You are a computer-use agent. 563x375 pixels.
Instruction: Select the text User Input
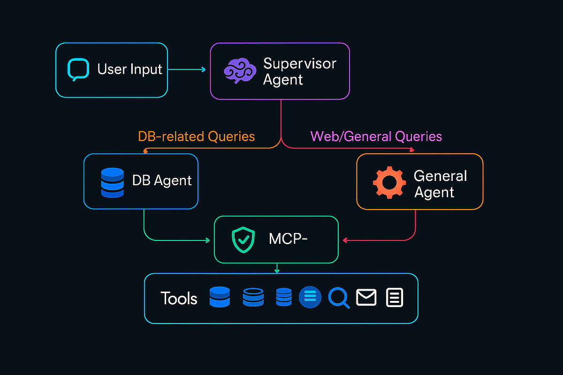[x=129, y=70]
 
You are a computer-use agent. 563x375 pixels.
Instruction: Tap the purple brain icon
[x=239, y=71]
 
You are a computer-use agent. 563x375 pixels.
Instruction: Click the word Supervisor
[x=299, y=63]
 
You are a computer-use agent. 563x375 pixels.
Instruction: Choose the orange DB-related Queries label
[x=196, y=136]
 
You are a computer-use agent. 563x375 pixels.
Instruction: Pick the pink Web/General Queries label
[x=376, y=136]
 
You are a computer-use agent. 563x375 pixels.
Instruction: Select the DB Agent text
[x=162, y=181]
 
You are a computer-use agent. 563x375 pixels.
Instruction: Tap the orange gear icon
[x=389, y=183]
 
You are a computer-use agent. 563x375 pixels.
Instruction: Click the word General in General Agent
[x=440, y=176]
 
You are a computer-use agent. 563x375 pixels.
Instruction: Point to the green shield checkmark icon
[x=243, y=240]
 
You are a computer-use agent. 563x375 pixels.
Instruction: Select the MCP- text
[x=288, y=239]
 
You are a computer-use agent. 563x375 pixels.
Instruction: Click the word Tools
[x=179, y=298]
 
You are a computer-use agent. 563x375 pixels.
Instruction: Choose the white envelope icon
[x=366, y=297]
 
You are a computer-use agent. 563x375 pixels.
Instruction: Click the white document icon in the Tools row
[x=394, y=298]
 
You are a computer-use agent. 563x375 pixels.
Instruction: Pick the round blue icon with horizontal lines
[x=310, y=297]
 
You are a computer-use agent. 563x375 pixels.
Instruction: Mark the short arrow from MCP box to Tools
[x=277, y=268]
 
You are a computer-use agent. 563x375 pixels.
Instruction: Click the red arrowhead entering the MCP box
[x=345, y=240]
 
